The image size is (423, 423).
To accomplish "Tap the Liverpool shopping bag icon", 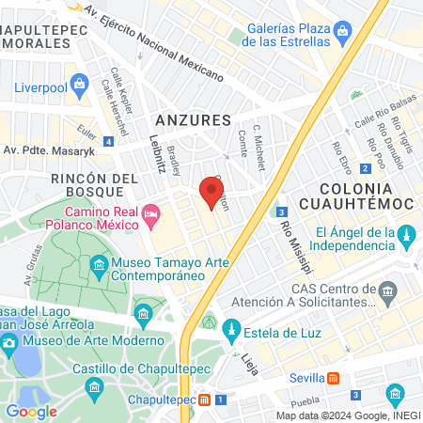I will (x=79, y=86).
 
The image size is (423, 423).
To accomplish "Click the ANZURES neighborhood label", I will (x=192, y=120).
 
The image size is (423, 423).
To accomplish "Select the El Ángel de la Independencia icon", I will (x=407, y=233).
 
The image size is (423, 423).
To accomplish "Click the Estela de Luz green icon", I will (x=227, y=328).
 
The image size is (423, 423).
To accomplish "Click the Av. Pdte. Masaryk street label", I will (x=49, y=149).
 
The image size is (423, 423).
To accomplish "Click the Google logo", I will (x=31, y=411).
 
